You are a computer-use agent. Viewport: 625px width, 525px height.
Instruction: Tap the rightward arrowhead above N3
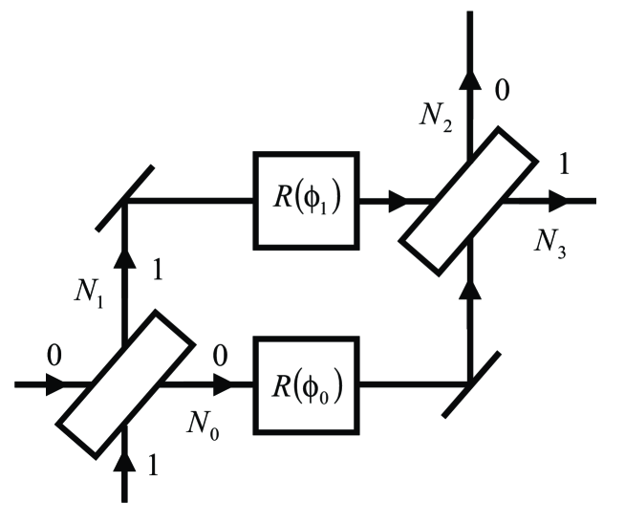(556, 200)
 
